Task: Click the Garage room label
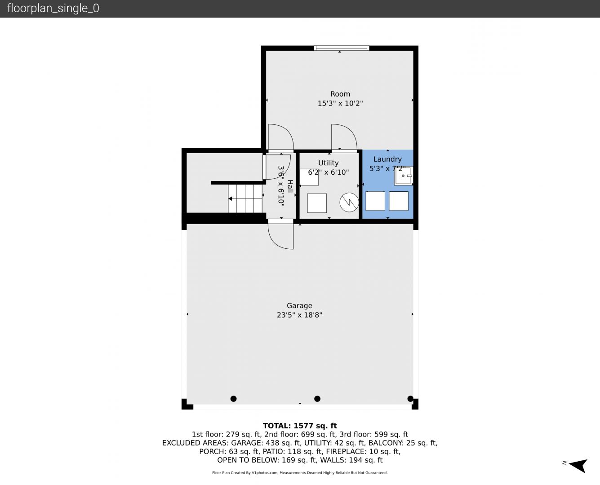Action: [299, 306]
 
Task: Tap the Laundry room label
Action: [387, 159]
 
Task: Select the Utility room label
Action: [328, 163]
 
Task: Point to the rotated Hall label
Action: [290, 186]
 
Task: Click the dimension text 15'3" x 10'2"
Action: [340, 103]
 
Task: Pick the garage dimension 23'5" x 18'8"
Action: [299, 315]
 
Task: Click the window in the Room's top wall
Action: [342, 48]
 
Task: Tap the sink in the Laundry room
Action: [404, 176]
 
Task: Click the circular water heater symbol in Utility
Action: [349, 202]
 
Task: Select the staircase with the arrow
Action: [245, 199]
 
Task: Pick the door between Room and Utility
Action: [344, 138]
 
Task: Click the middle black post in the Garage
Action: [317, 399]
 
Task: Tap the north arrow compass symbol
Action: [578, 466]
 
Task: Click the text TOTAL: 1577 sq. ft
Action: [300, 426]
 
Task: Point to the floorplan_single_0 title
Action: [53, 8]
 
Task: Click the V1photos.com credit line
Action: [300, 472]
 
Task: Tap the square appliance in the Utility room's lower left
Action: [317, 203]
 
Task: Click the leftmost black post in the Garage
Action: [234, 399]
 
